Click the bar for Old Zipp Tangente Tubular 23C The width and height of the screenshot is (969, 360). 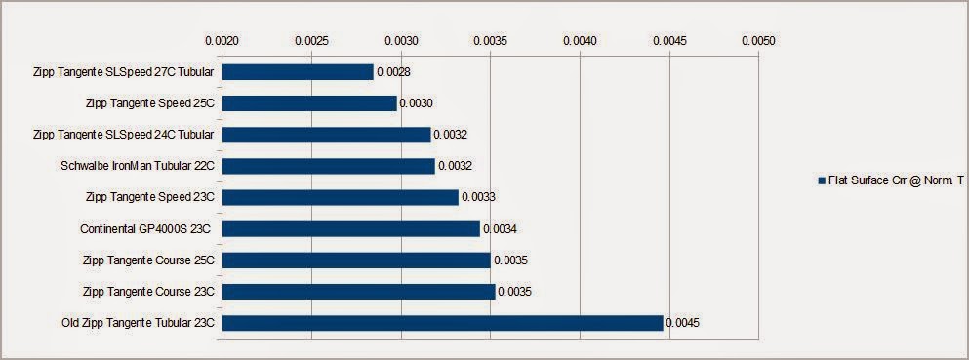pos(442,323)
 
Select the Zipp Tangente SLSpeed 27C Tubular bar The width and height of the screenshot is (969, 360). pos(298,71)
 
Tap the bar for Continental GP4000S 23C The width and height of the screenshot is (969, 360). pos(351,229)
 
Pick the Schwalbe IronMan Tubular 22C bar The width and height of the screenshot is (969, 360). pos(329,166)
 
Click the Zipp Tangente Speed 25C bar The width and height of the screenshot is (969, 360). pos(309,103)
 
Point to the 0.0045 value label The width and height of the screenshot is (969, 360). pos(683,323)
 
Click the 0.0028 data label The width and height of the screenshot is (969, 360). pos(393,71)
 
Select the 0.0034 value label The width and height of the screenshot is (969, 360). pos(500,229)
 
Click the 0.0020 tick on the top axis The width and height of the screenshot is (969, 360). pos(222,41)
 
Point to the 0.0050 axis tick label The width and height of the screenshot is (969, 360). pos(758,41)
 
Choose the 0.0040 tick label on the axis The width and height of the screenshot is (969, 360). pos(580,41)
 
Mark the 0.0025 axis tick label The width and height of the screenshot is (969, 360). pos(312,41)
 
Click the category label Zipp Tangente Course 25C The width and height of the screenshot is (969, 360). pos(148,260)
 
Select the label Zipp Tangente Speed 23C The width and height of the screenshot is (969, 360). pos(150,198)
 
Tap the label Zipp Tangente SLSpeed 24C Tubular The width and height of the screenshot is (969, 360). pos(124,135)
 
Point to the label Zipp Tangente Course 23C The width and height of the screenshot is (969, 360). pos(148,292)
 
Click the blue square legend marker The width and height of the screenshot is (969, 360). pos(822,180)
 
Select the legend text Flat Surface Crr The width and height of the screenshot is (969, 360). pos(863,180)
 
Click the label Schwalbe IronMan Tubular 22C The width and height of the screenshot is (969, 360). pos(138,166)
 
